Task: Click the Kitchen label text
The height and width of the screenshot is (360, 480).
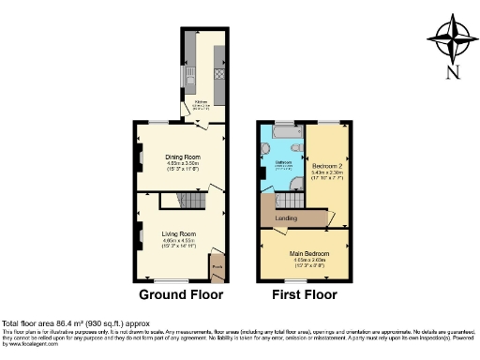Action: pyautogui.click(x=201, y=101)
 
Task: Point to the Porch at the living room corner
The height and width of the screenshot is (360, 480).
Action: pyautogui.click(x=217, y=267)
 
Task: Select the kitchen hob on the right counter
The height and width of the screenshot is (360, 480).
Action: pyautogui.click(x=221, y=72)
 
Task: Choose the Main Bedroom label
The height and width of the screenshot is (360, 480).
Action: pyautogui.click(x=308, y=252)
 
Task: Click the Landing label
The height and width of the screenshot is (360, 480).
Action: pyautogui.click(x=286, y=219)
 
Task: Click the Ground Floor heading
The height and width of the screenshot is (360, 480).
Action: pyautogui.click(x=181, y=294)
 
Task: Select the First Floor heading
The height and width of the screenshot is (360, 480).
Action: pyautogui.click(x=305, y=294)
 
